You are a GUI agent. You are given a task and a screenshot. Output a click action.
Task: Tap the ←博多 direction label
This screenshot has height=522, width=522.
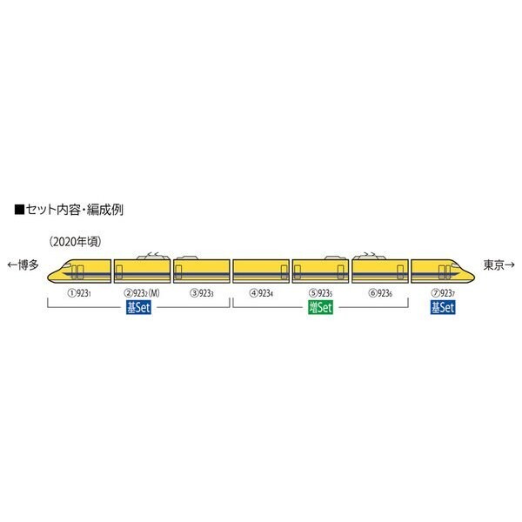(x=23, y=264)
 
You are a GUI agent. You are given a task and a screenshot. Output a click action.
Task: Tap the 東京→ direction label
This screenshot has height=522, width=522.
(x=497, y=264)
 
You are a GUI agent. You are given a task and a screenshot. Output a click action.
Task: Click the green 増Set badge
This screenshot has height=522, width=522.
(x=321, y=308)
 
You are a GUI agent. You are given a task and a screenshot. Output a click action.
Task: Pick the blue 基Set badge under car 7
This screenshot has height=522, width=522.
(x=441, y=308)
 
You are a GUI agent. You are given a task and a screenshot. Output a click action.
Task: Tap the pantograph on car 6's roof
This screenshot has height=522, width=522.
(x=369, y=252)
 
